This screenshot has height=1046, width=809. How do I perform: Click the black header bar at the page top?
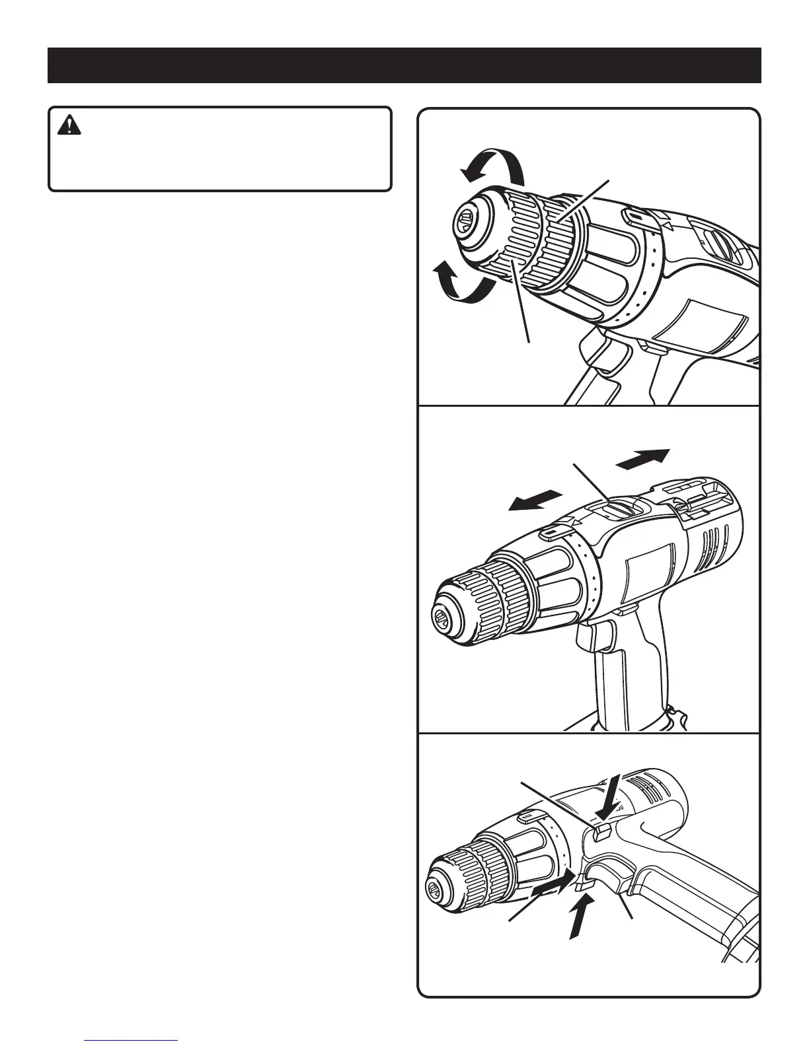pyautogui.click(x=404, y=65)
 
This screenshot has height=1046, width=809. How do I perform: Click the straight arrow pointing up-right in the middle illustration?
pyautogui.click(x=642, y=458)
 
